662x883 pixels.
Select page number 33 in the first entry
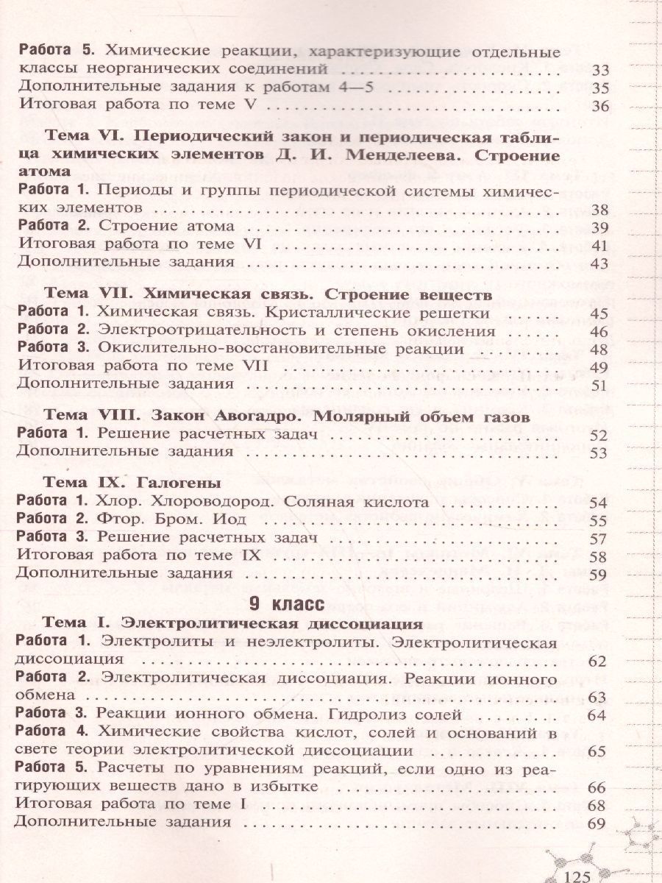click(x=601, y=71)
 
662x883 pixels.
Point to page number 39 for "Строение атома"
click(x=601, y=227)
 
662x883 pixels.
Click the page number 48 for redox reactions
click(x=601, y=350)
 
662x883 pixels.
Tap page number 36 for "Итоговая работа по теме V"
click(x=601, y=107)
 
